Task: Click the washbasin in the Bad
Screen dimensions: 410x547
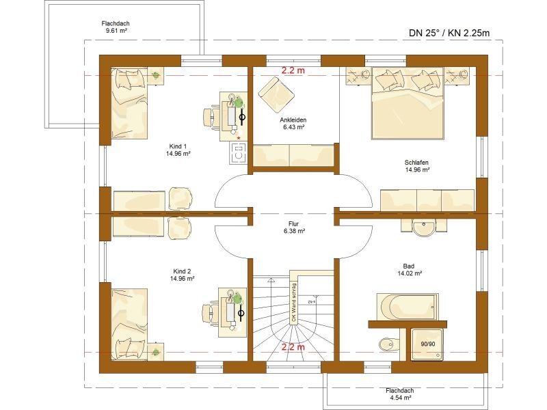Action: [424, 227]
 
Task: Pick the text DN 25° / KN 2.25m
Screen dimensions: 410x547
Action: [450, 32]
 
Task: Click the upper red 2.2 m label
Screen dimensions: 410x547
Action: [293, 70]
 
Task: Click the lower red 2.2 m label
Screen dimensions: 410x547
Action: [293, 347]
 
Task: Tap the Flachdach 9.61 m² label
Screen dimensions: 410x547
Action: [118, 27]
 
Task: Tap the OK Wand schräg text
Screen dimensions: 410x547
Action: [294, 303]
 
